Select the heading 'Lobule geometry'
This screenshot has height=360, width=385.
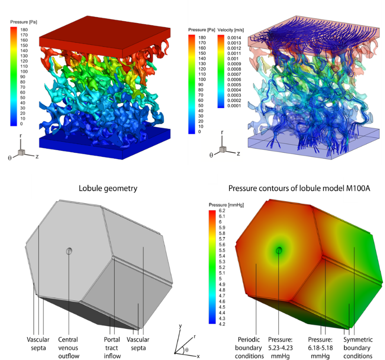108,189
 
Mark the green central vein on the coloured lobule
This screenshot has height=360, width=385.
279,250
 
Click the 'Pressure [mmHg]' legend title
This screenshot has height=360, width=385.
226,205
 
